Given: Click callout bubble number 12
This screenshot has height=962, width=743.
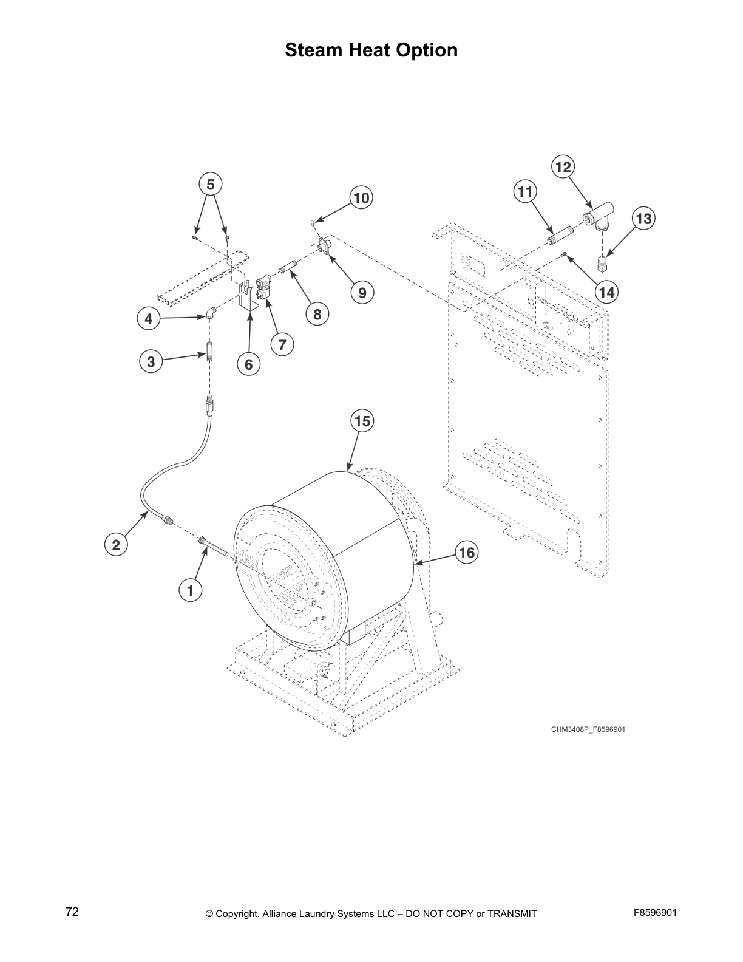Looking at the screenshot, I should pos(563,167).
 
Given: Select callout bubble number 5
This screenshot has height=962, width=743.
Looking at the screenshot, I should pos(211,185).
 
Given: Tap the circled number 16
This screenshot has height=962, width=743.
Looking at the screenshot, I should pos(467,553).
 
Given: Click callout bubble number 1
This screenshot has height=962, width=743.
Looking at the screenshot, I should pos(191,590).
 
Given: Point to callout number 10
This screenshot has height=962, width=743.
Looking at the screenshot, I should pos(361,198).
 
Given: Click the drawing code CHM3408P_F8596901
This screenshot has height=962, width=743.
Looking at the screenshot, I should pos(588,729).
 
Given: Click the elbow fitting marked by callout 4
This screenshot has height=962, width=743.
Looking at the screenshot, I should pos(210,313).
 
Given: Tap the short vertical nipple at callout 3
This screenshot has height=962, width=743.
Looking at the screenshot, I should pos(209,353).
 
